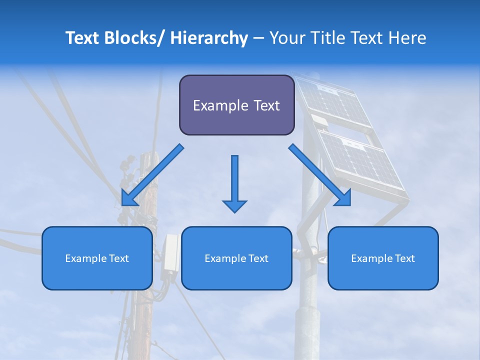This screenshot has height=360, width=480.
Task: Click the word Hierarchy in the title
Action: (209, 38)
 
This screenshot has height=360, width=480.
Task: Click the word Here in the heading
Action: (405, 38)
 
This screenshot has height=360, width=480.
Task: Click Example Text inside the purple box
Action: (236, 105)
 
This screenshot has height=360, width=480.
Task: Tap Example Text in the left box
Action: (97, 258)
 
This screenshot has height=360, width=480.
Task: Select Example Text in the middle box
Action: (236, 258)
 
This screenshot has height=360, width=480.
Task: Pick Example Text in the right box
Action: (383, 258)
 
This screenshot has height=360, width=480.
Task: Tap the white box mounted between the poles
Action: (170, 253)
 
